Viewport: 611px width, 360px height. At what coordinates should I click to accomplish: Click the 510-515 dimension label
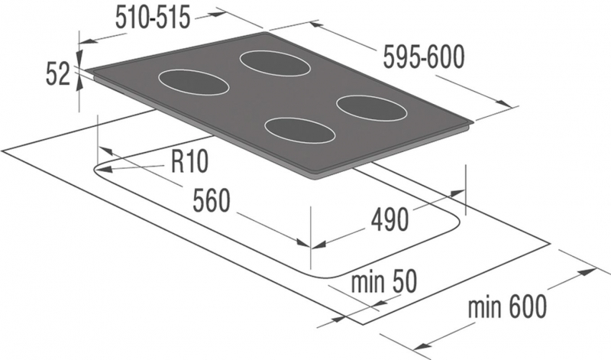click(153, 18)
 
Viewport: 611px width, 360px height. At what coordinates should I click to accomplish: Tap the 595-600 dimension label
click(424, 57)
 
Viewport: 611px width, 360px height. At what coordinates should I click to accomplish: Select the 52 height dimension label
click(58, 74)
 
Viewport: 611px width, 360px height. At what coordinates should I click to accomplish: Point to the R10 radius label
click(189, 161)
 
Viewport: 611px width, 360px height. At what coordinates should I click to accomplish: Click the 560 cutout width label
click(212, 200)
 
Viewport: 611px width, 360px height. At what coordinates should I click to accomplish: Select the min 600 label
click(507, 307)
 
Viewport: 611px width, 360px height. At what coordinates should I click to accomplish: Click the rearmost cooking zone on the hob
click(275, 63)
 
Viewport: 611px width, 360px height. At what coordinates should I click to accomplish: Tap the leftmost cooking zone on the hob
click(194, 83)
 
